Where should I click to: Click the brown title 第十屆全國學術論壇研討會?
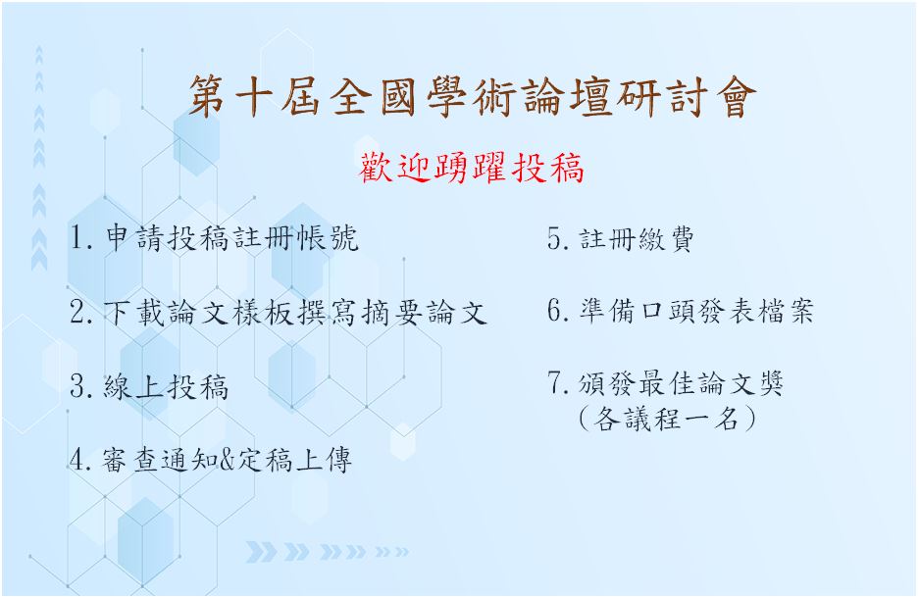coord(473,97)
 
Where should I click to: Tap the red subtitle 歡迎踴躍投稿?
coord(471,169)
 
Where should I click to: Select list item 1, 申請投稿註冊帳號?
coord(214,238)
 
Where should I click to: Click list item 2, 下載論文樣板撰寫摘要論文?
coord(279,312)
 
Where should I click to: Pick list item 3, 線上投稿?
coord(149,386)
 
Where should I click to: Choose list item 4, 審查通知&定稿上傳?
coord(211,460)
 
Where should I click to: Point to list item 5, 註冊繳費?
coord(621,238)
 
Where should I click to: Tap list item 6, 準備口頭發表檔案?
coord(681,311)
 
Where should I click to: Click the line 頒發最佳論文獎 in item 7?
coord(665,383)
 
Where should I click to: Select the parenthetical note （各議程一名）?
coord(666,419)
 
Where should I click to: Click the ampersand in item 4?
coord(227,460)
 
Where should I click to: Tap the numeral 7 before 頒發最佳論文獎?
coord(555,382)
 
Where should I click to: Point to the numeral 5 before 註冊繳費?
coord(555,238)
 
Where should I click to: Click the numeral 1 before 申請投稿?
coord(77,238)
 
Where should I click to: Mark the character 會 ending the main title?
coord(737,97)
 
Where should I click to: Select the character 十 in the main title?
coord(255,97)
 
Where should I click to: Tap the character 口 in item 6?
coord(650,312)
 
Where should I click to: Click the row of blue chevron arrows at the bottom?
coord(327,551)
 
